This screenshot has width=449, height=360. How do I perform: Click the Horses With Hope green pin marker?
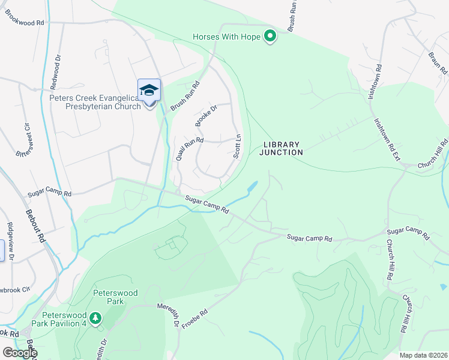tap(270, 37)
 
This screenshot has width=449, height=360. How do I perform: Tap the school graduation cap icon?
tap(149, 91)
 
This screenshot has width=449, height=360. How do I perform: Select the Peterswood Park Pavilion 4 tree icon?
tap(94, 316)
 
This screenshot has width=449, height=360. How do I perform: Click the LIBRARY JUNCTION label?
tap(281, 149)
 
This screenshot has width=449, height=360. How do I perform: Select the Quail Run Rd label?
tap(189, 148)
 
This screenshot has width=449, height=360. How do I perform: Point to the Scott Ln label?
tap(238, 146)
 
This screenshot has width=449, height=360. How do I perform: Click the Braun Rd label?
tap(437, 65)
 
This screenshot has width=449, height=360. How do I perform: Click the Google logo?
tap(19, 353)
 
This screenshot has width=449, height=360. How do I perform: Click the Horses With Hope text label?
tap(226, 37)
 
